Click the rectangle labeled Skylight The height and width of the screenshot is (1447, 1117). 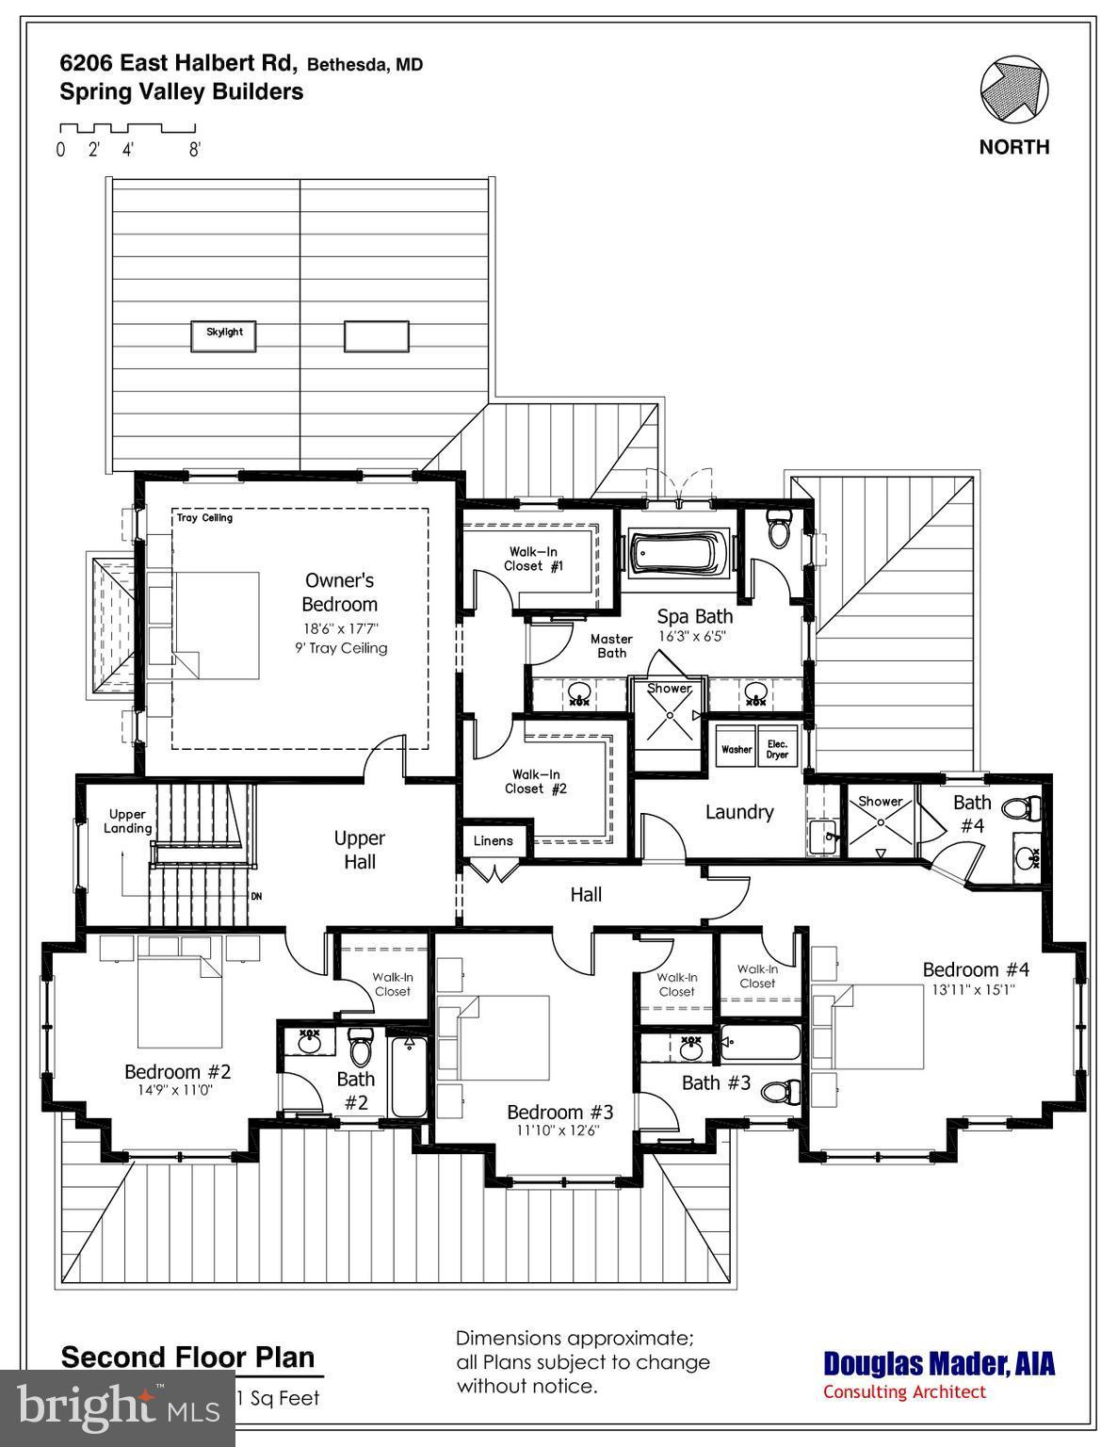(x=224, y=333)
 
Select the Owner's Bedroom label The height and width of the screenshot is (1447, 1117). (x=339, y=593)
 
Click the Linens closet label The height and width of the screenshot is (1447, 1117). (x=493, y=840)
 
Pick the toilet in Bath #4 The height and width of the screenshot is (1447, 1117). (x=1021, y=808)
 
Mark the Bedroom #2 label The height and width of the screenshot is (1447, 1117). (x=177, y=1071)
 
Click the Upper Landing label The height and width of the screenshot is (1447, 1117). (x=127, y=821)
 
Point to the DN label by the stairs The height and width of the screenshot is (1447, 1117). (x=255, y=896)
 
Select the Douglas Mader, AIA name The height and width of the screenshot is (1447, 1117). (x=939, y=1363)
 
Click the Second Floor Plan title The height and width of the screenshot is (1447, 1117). (x=187, y=1358)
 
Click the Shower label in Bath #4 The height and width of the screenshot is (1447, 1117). (x=880, y=801)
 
